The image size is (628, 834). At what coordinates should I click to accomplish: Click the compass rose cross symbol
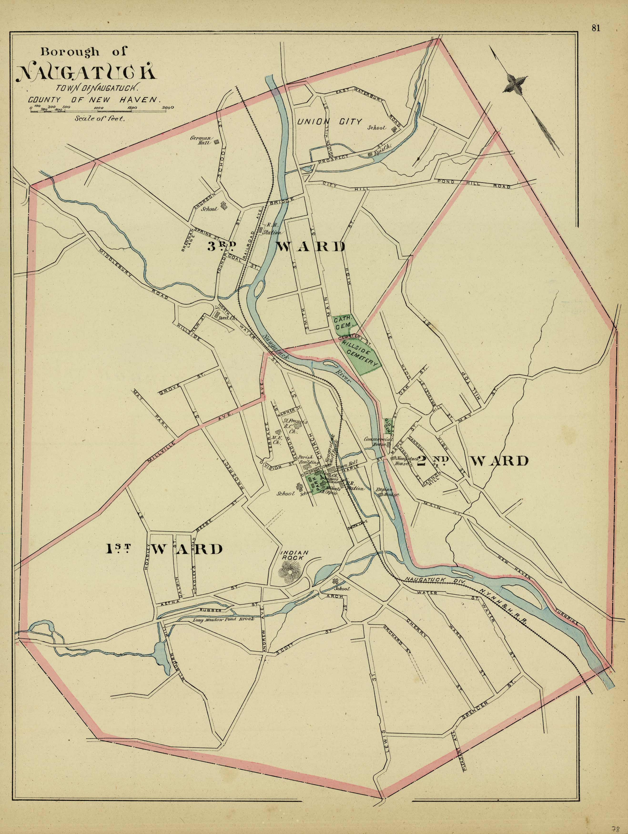pos(515,83)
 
